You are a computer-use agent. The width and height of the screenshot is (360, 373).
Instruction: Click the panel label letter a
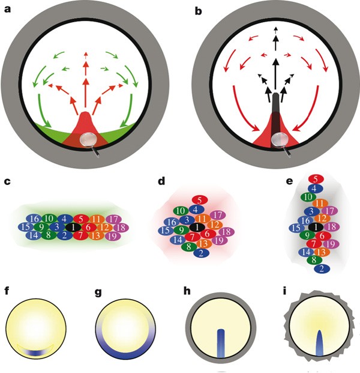pos(8,8)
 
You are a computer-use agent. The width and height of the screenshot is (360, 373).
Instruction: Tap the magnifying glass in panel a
pos(91,141)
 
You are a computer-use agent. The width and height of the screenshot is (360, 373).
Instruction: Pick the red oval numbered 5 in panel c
pos(83,219)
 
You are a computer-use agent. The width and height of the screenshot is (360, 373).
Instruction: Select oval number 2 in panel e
pos(319,269)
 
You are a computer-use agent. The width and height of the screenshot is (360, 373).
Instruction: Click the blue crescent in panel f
pos(35,352)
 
